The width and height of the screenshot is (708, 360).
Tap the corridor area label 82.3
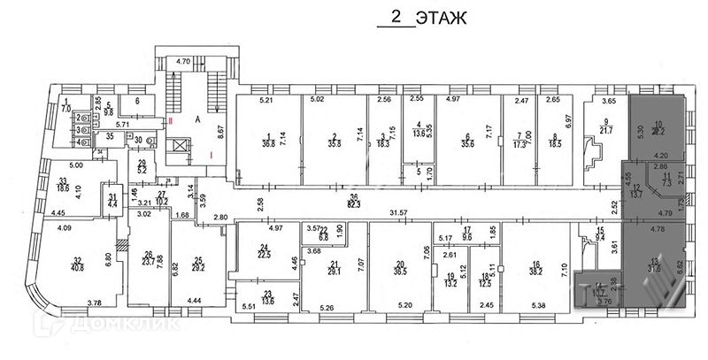(x=354, y=205)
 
